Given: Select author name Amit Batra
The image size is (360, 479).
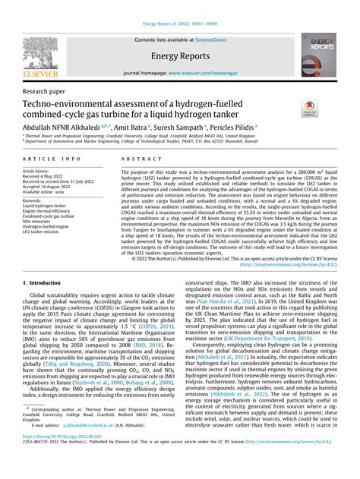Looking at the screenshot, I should pos(130,128).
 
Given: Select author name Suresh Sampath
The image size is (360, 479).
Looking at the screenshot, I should pos(185,128).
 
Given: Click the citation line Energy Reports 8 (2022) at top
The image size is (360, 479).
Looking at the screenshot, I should pos(180,7).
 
